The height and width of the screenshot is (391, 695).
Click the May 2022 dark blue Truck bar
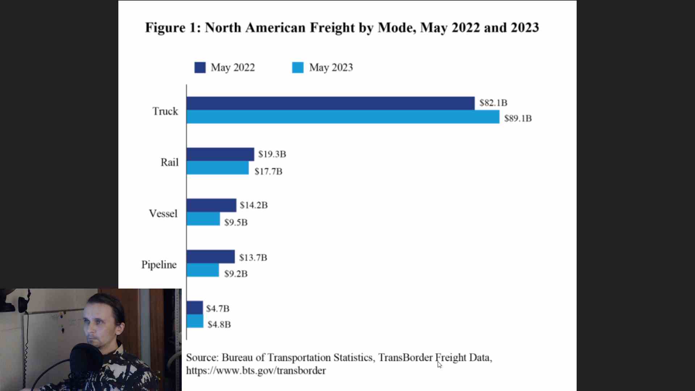pos(330,103)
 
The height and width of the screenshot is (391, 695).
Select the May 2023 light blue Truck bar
pos(343,117)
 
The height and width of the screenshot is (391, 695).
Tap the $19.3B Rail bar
pos(220,154)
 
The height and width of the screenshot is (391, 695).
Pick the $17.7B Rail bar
pos(217,168)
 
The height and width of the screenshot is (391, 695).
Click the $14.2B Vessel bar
pos(211,205)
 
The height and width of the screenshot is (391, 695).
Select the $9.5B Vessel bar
pos(203,219)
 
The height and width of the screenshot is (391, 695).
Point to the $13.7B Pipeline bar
pos(210,257)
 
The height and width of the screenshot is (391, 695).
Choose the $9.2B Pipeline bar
pos(202,270)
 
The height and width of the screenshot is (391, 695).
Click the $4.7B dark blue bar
pos(194,308)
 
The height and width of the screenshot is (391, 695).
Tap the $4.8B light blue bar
pos(195,321)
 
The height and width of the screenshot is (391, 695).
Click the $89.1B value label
pos(518,118)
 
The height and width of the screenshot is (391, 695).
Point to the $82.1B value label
pos(493,103)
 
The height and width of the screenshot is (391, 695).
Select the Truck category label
pos(165,111)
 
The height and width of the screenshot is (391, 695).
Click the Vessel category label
pos(163,214)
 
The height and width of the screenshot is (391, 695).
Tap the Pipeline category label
pos(159,265)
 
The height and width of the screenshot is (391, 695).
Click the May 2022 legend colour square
pos(200,68)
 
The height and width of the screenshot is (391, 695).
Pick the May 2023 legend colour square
pos(298,68)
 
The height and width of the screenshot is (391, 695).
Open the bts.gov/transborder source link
pos(256,371)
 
